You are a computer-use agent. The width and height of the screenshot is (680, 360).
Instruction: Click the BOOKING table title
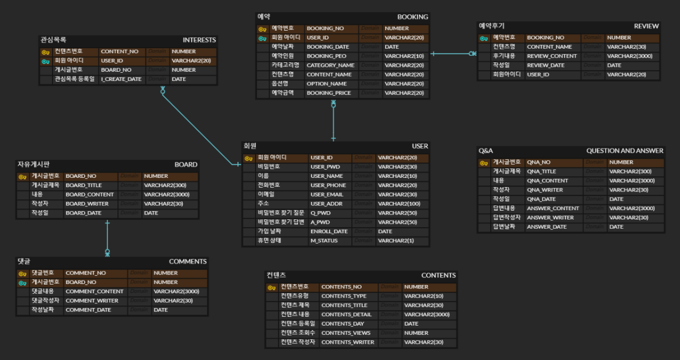412,17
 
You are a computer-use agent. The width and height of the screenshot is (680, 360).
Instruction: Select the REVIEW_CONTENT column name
551,56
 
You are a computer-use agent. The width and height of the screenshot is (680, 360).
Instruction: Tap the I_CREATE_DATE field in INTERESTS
121,79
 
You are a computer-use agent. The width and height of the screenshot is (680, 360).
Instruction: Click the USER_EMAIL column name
327,195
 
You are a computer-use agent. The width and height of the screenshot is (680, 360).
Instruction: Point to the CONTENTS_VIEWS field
346,333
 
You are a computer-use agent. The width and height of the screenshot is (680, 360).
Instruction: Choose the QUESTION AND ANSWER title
625,150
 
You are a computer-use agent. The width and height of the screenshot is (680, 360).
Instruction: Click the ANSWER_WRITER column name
550,218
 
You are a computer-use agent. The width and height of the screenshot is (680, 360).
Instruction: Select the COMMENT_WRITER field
91,301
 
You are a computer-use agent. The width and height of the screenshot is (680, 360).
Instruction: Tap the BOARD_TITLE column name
84,185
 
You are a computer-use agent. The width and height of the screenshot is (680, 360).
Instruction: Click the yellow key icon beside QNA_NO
484,163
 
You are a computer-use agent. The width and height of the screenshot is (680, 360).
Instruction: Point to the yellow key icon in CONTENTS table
271,287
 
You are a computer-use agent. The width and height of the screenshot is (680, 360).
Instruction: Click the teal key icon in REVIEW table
484,38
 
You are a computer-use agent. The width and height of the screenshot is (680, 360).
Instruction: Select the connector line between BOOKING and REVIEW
452,54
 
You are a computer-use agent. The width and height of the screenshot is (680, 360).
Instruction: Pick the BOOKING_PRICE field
329,93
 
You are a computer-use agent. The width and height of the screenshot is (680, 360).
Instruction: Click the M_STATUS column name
324,241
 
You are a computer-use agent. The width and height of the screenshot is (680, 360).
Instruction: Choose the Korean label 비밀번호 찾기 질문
280,213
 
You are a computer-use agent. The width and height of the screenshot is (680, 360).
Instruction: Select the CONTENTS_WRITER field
347,342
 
